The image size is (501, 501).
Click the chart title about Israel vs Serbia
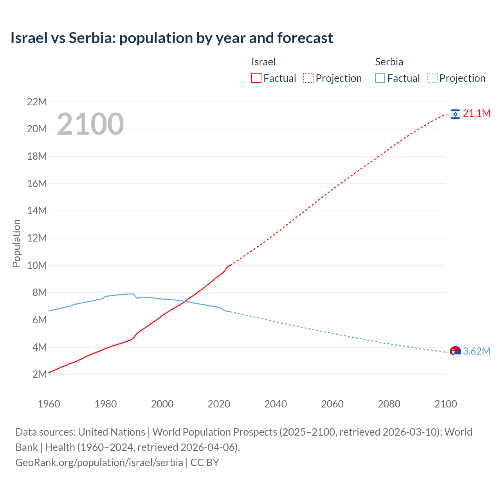coord(172,38)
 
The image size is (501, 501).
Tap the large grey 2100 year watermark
coord(90,124)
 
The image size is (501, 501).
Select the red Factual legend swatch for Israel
coord(256,78)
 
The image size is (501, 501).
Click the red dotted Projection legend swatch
coord(308,78)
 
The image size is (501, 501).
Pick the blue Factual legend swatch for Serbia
coord(380,78)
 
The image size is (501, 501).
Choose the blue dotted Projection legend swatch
coord(432,78)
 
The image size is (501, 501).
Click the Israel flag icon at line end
coord(455,114)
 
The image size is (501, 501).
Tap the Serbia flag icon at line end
coord(455,351)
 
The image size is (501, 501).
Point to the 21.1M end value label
coord(476,114)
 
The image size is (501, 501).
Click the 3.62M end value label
coord(476,351)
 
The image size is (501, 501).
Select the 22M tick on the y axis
coord(37,102)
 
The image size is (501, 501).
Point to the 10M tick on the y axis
coord(37,265)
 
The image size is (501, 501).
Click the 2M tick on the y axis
coord(40,374)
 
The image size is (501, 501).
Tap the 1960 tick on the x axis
coord(49,404)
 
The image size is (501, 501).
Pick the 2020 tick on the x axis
coord(219,404)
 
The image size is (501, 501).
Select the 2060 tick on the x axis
coord(332,404)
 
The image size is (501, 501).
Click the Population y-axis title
coord(16,243)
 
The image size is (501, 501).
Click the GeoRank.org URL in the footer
coord(99,463)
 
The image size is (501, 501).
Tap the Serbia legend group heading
coord(389,62)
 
